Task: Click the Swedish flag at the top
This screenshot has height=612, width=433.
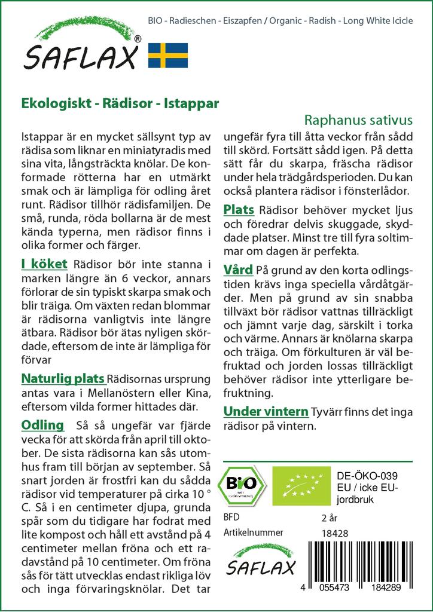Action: point(168,55)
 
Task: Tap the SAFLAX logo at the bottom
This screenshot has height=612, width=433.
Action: point(260,559)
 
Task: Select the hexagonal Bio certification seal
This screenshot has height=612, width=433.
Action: point(242,484)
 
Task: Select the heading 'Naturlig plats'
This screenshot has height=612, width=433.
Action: point(63,378)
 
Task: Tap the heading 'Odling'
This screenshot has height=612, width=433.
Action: point(42,425)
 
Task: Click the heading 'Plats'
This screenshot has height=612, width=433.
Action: point(239,209)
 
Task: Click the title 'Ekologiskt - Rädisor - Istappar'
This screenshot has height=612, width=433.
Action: point(120,102)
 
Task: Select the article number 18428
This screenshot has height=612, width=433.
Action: point(334,534)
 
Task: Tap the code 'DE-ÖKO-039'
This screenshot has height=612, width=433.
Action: point(362,475)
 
